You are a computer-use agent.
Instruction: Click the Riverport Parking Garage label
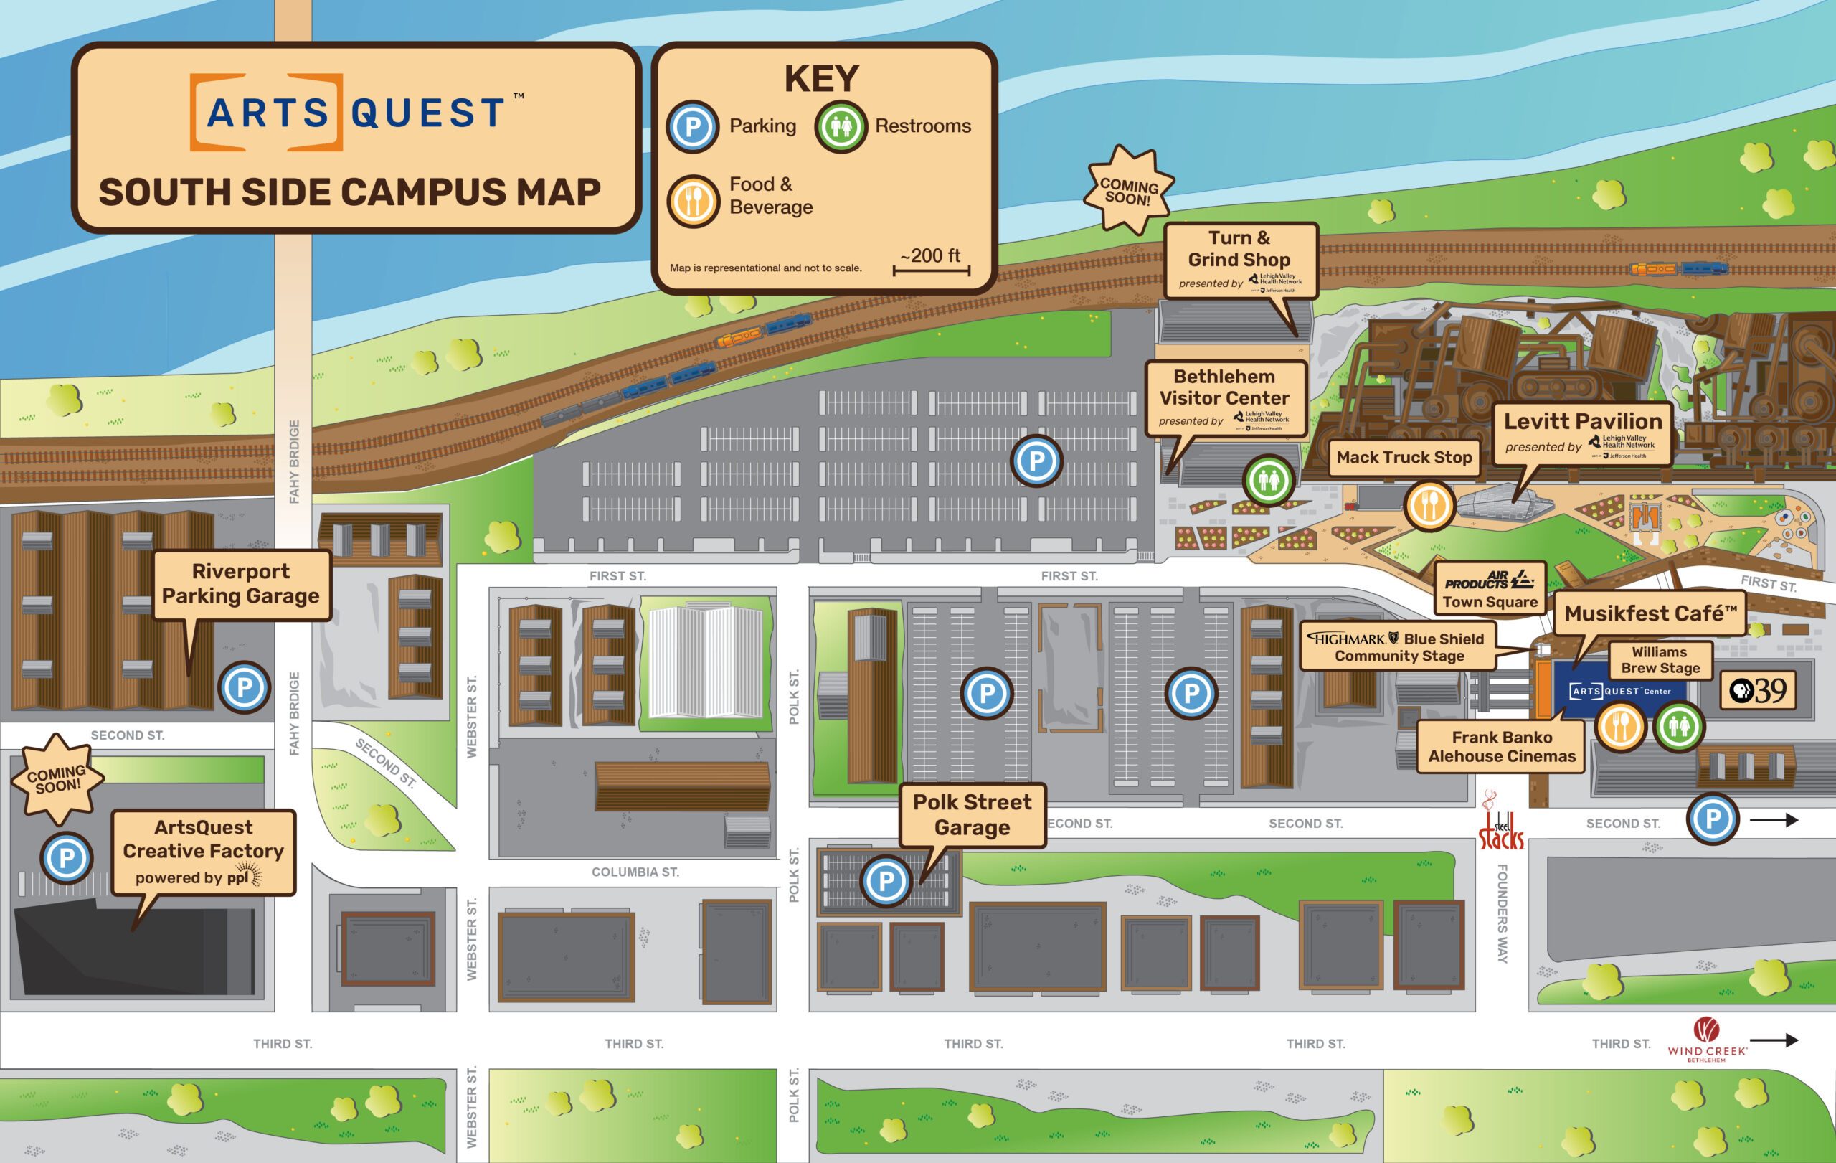(x=241, y=584)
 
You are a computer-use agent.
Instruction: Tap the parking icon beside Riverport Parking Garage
(x=244, y=687)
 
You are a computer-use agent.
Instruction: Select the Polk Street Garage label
(x=972, y=814)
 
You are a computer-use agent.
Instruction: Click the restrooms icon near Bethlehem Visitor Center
(x=1269, y=481)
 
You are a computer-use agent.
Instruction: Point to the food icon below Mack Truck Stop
(x=1429, y=505)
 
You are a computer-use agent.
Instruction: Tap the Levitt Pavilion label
(x=1582, y=433)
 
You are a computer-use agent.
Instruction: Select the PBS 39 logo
(x=1757, y=691)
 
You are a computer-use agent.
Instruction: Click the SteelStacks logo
(x=1500, y=824)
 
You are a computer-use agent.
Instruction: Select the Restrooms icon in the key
(x=841, y=126)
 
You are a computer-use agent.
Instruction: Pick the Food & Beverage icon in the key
(x=693, y=202)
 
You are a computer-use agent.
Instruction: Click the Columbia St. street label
(x=635, y=872)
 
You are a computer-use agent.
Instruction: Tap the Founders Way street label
(x=1502, y=913)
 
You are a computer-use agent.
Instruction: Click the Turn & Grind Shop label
(x=1240, y=259)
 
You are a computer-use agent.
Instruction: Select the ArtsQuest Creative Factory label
(x=203, y=851)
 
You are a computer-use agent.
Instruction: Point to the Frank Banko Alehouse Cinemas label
(x=1501, y=747)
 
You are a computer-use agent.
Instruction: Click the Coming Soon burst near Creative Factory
(x=56, y=778)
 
